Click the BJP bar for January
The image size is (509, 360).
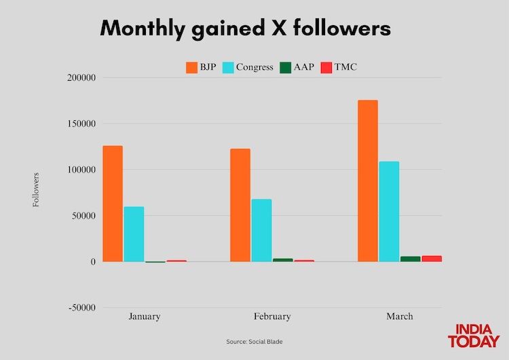pos(113,204)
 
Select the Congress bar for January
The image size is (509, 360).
pos(134,234)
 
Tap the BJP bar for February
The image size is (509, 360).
pos(240,205)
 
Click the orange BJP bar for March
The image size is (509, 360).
pos(368,181)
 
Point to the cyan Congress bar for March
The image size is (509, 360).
pos(389,211)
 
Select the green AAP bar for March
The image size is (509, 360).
pos(410,259)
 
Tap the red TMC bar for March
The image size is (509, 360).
pos(432,258)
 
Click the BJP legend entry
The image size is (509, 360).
pos(201,67)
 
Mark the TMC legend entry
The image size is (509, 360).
pos(338,67)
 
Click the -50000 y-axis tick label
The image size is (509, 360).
pos(81,308)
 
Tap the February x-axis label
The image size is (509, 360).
pos(272,317)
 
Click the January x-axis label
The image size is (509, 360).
pos(145,317)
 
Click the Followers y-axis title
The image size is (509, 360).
pos(36,190)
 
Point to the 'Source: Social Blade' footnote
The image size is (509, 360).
pos(254,342)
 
